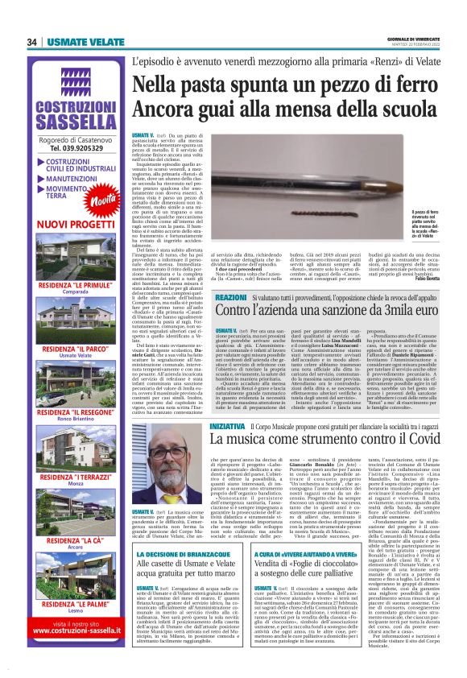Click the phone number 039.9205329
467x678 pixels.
click(77, 148)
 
